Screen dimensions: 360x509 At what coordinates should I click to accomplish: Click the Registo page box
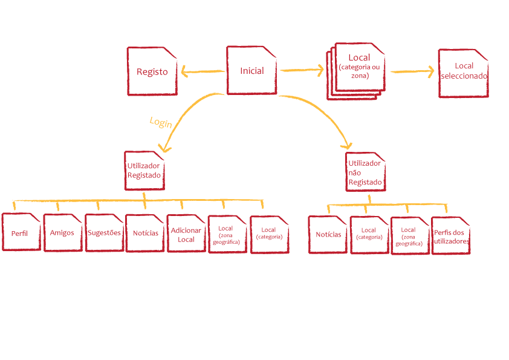click(x=152, y=71)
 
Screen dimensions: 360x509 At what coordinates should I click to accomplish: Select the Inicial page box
click(x=252, y=71)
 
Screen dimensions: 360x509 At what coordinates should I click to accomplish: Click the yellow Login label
click(x=161, y=122)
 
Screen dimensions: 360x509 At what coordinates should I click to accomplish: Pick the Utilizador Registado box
click(x=144, y=170)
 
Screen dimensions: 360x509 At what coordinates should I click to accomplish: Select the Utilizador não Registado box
click(x=365, y=172)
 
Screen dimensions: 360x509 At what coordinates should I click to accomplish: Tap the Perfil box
click(x=21, y=233)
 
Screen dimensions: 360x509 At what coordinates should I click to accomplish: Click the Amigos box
click(x=62, y=233)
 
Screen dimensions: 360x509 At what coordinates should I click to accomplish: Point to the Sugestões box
click(x=104, y=232)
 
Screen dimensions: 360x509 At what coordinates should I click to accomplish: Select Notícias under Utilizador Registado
click(x=145, y=233)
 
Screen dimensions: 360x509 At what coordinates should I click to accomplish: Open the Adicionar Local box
click(x=186, y=234)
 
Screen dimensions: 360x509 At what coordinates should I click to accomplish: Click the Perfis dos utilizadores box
click(x=451, y=236)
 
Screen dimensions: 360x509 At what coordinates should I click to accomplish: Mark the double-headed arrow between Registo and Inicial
click(x=203, y=73)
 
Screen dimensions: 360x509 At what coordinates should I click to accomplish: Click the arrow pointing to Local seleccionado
click(x=413, y=71)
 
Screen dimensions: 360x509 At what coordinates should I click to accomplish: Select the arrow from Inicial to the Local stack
click(x=302, y=71)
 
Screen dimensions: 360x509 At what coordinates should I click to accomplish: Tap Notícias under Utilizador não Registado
click(x=328, y=235)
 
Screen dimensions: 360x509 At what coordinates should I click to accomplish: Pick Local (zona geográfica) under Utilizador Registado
click(x=227, y=235)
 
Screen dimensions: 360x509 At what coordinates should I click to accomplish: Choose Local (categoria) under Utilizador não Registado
click(x=369, y=234)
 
